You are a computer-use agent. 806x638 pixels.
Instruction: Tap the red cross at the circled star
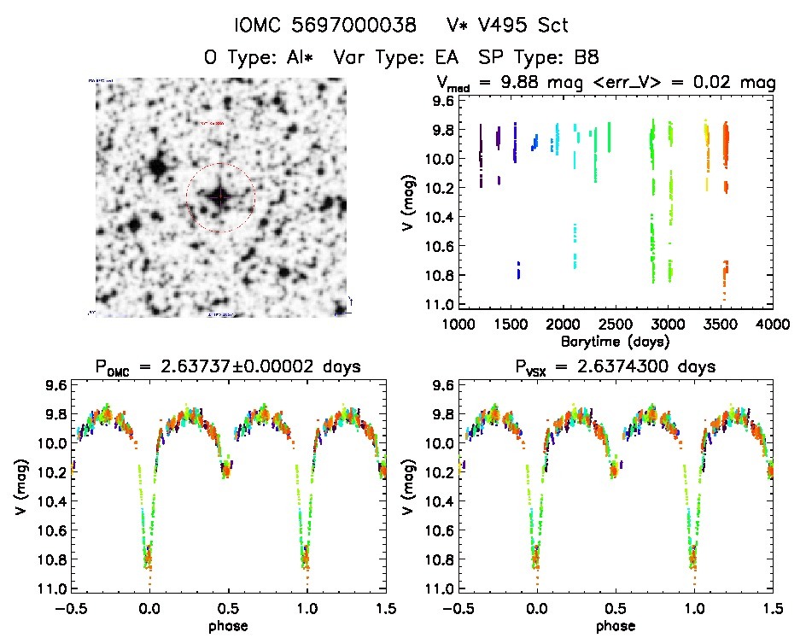220,196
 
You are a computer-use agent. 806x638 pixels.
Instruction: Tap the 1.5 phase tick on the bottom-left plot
385,607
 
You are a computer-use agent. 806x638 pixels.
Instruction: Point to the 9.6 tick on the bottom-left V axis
55,385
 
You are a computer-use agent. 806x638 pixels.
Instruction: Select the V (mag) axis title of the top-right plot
409,202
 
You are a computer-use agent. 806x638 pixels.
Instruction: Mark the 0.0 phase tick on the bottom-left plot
149,607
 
